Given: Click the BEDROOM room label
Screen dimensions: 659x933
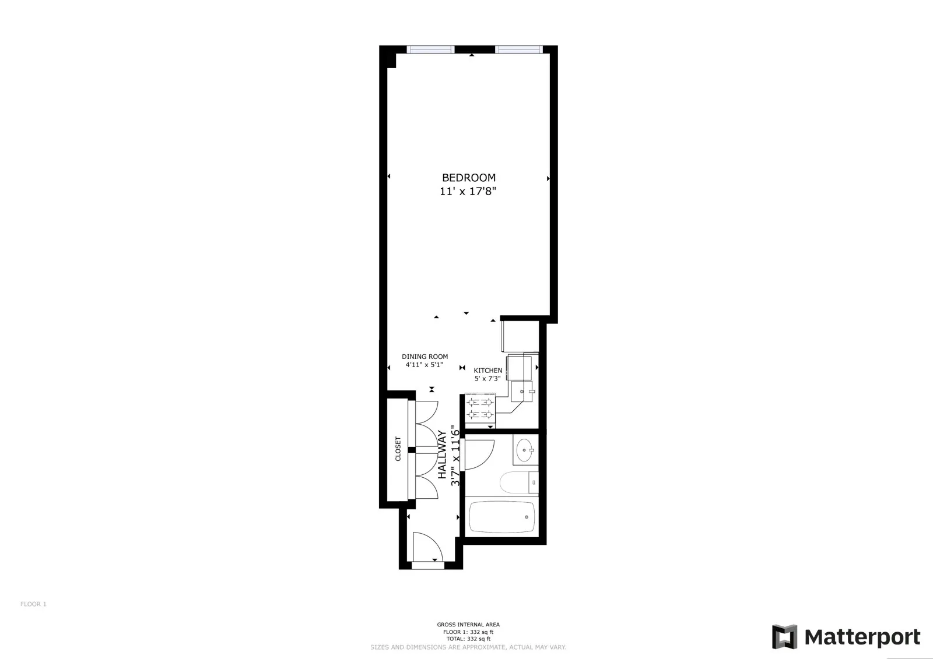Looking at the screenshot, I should pos(468,178).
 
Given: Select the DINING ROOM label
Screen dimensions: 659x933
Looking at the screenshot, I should pos(425,357).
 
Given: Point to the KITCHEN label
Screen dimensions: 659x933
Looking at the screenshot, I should pos(487,371).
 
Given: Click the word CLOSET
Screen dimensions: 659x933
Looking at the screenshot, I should pos(398,449).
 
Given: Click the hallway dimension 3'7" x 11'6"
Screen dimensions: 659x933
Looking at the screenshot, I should pos(456,459).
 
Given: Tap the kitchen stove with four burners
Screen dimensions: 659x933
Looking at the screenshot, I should pos(479,408).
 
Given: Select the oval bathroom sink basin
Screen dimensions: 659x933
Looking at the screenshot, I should pos(527,449).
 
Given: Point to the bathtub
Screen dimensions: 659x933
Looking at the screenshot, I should pos(501,517).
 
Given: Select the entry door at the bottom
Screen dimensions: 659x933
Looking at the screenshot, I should pos(427,548).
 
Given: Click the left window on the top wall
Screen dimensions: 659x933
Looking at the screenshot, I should pos(430,49).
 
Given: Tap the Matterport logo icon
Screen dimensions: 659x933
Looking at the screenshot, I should pos(784,636).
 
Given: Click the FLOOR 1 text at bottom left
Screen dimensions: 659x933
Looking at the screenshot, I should pos(33,604).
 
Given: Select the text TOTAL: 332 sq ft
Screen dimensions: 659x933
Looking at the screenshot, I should pos(468,639).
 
